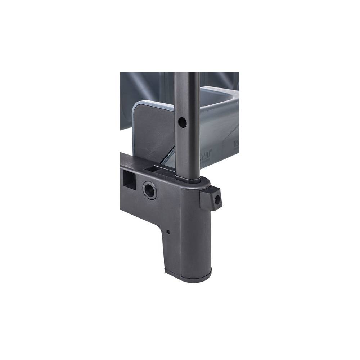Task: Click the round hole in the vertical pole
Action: tap(183, 123)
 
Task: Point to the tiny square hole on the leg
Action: tap(168, 231)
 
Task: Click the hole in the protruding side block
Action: tap(217, 200)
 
